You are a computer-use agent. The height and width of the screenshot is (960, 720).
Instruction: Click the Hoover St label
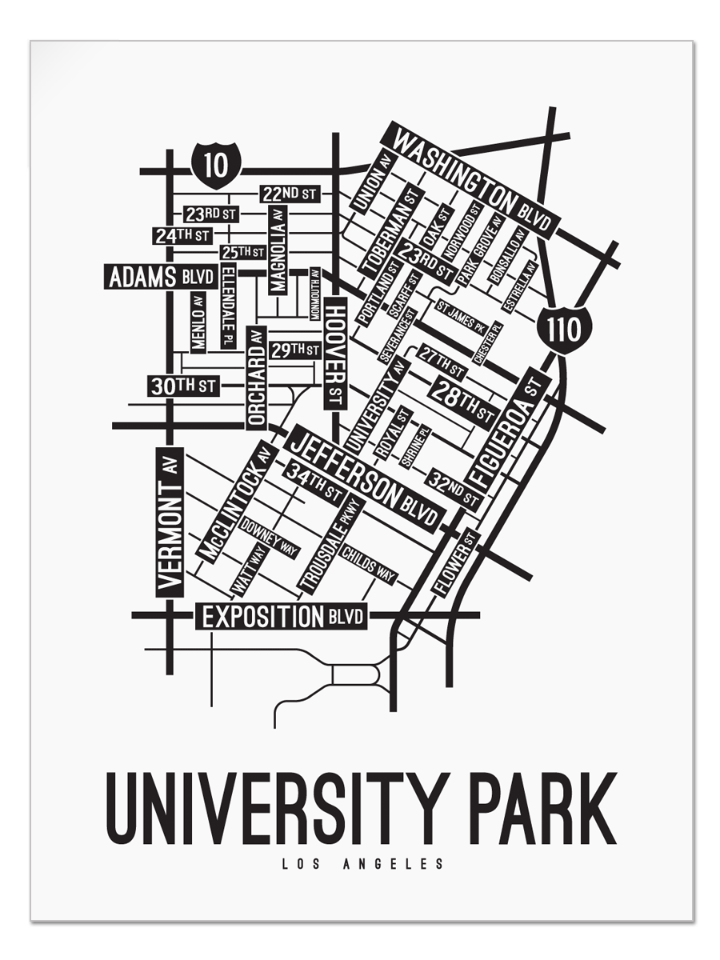click(335, 352)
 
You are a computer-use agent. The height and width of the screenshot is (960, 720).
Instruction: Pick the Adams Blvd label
click(161, 277)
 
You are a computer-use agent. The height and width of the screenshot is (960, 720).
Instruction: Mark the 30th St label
click(183, 386)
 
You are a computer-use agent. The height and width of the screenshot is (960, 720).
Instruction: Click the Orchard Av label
click(256, 376)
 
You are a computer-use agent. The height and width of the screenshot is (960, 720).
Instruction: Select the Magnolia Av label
click(278, 250)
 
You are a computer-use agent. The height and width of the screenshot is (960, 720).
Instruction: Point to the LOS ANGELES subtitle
click(362, 864)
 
